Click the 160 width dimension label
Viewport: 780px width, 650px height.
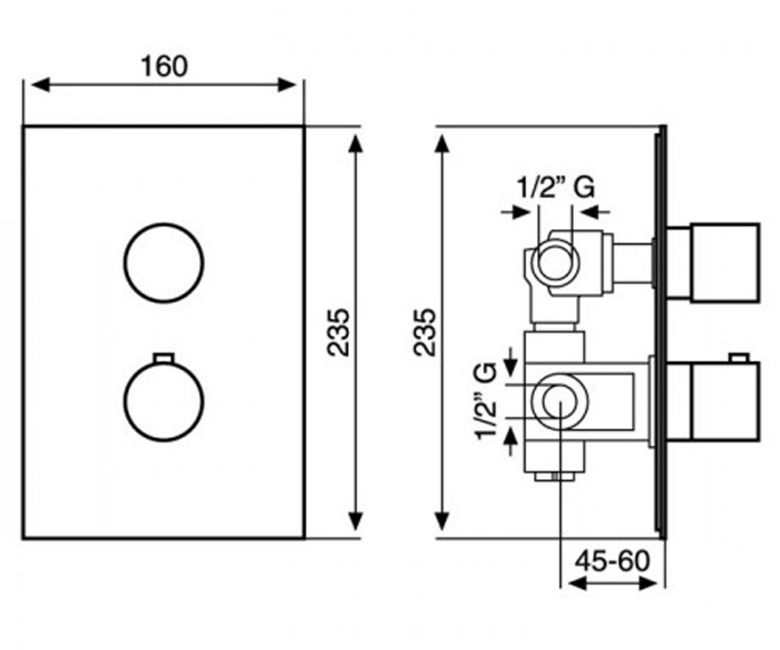coord(164,66)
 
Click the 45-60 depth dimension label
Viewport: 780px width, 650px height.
coord(612,561)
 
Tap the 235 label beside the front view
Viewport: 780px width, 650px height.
coord(338,332)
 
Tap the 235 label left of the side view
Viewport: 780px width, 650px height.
coord(424,332)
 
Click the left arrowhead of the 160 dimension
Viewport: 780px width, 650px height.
coord(40,84)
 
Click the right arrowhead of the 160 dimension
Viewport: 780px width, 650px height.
coord(287,84)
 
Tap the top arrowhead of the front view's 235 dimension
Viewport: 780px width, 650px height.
coord(356,144)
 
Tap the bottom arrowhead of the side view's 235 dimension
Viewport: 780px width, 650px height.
coord(442,521)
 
